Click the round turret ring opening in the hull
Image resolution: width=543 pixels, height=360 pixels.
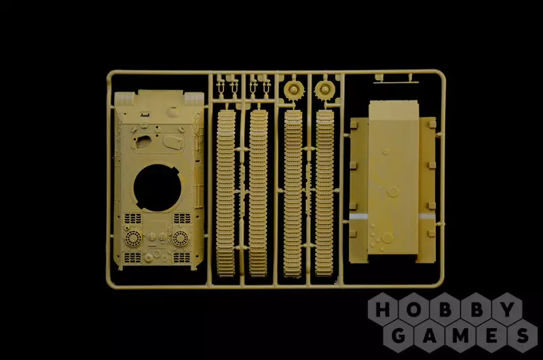point(157,187)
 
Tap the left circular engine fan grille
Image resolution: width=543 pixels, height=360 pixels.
point(133,238)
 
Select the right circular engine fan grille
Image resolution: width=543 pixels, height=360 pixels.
point(181,238)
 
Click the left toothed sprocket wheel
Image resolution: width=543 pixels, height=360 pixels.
point(294,90)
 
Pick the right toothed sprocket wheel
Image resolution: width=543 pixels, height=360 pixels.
point(324,90)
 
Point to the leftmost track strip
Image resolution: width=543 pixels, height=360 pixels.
point(226,193)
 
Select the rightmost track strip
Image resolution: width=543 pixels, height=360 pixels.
point(324,193)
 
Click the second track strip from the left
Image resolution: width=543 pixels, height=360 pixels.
point(259,193)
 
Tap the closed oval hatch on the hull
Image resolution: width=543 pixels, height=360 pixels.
point(172,141)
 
